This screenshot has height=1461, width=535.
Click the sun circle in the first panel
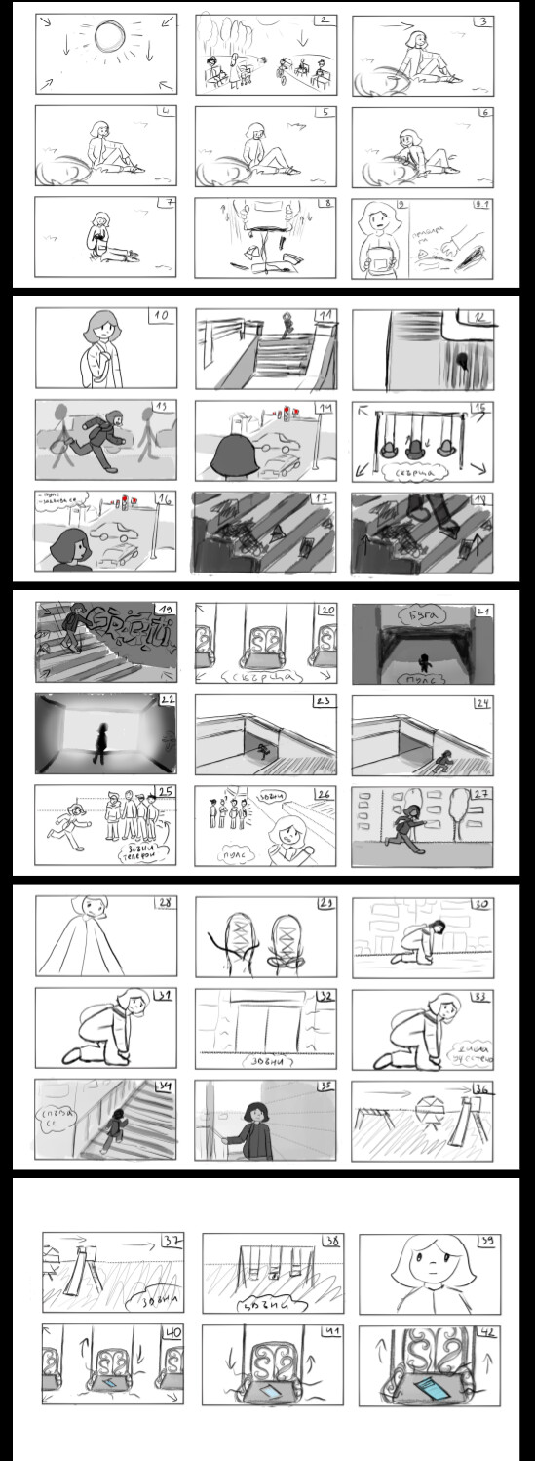pos(108,39)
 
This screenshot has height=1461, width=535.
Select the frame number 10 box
pos(163,317)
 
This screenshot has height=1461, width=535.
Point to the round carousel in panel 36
pos(426,1107)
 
